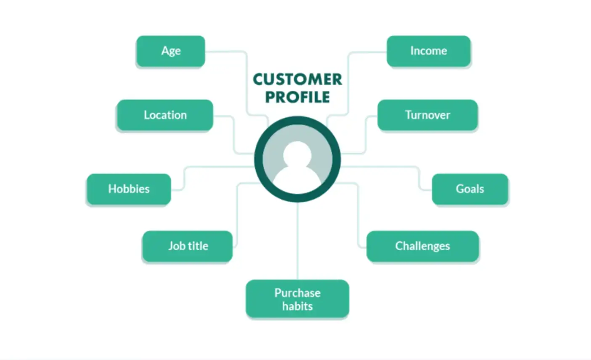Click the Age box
point(170,51)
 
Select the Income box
point(428,51)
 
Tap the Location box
point(165,115)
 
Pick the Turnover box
point(427,115)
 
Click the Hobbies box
point(129,189)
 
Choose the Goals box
point(470,189)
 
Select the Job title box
point(188,246)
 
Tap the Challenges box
point(422,246)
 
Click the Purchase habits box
point(297,299)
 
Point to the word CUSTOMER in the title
point(297,79)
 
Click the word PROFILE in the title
point(297,97)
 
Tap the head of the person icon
point(297,154)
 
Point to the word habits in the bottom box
point(297,306)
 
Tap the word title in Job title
point(198,246)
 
